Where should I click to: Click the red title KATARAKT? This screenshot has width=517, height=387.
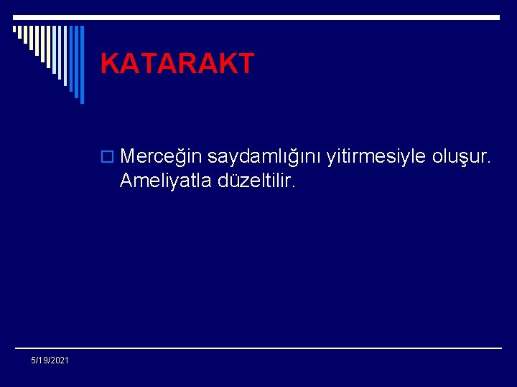[177, 64]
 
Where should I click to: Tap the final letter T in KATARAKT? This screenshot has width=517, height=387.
[245, 64]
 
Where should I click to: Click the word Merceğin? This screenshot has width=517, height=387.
[161, 156]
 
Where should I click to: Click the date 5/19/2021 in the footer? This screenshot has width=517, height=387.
[50, 360]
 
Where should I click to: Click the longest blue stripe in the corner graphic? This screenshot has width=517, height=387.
[81, 64]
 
